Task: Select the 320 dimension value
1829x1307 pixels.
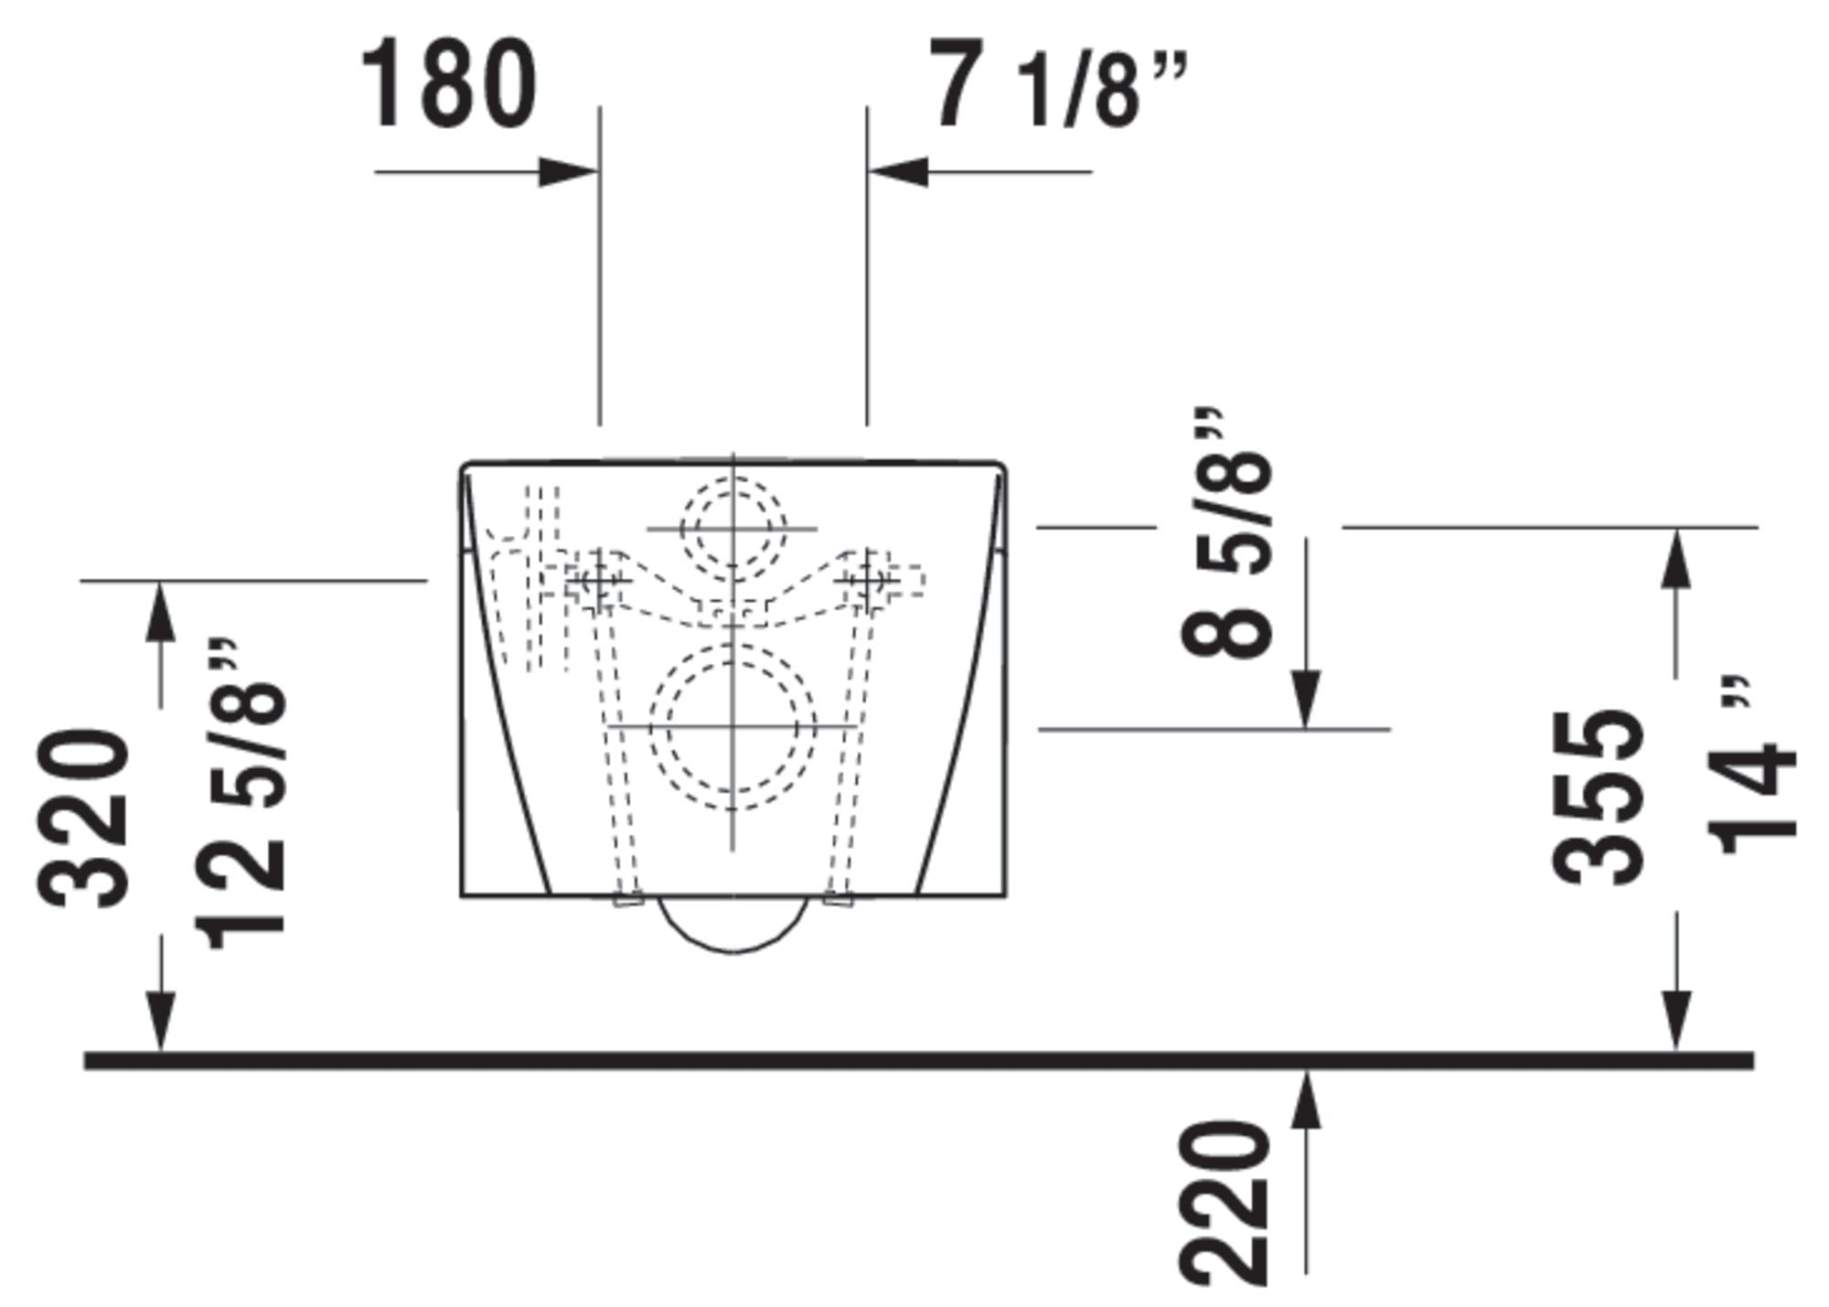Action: coord(83,818)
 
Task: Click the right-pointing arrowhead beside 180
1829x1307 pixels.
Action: coord(568,171)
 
